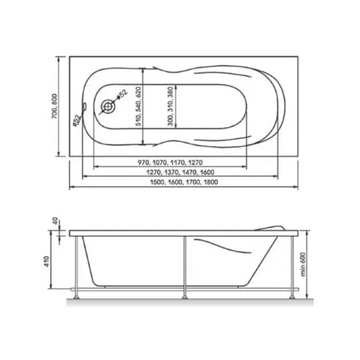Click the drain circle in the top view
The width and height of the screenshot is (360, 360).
[109, 106]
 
